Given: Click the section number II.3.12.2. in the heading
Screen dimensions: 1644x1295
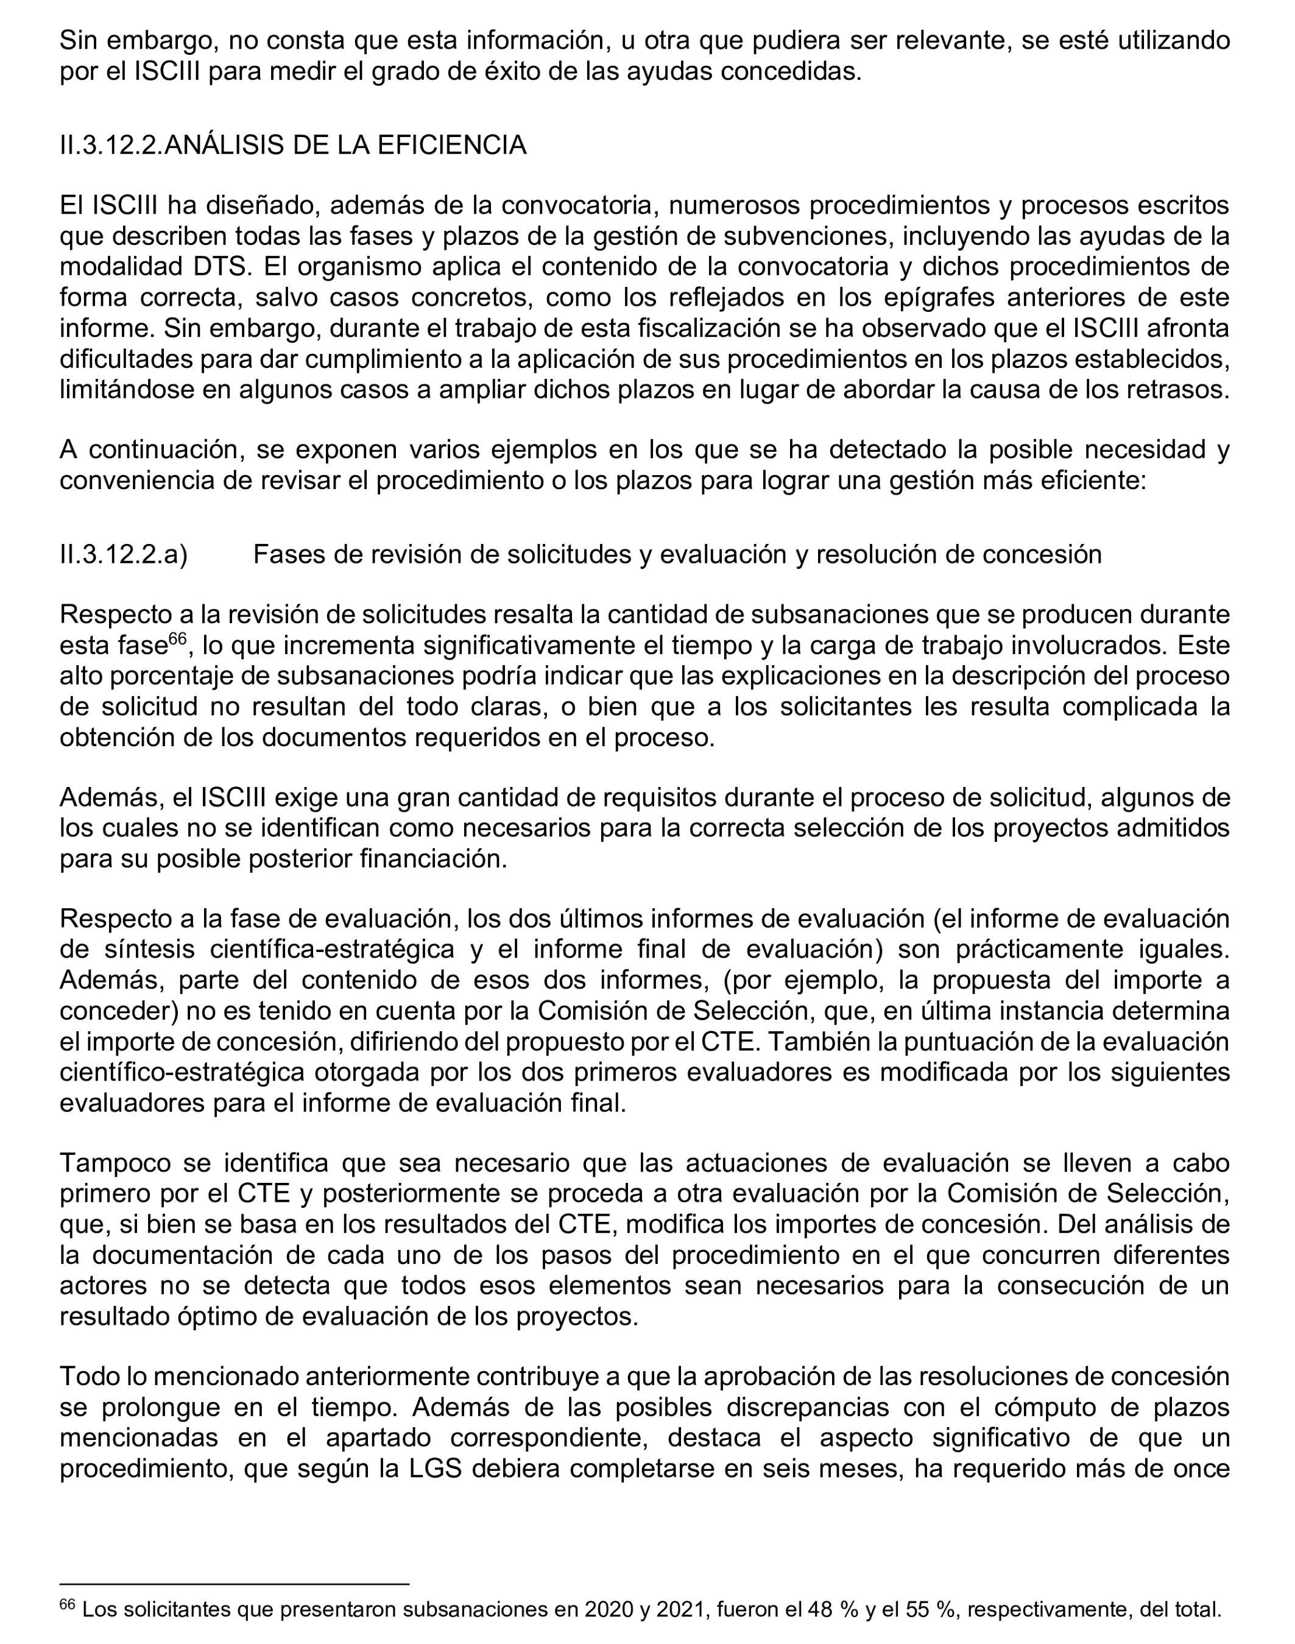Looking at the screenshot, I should click(111, 145).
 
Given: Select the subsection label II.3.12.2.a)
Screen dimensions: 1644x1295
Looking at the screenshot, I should click(124, 554).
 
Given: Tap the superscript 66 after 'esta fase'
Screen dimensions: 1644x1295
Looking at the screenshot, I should click(176, 639).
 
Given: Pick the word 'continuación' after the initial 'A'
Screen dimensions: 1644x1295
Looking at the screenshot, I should click(165, 449).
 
